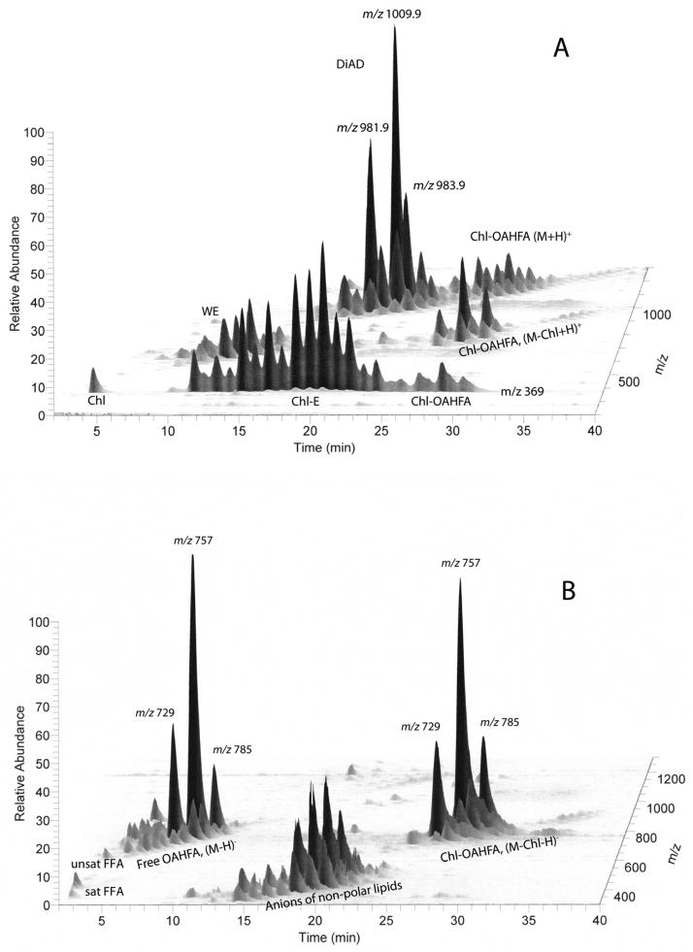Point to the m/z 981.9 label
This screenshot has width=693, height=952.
[x=360, y=128]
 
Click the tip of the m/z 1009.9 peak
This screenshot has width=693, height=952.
[x=394, y=26]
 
